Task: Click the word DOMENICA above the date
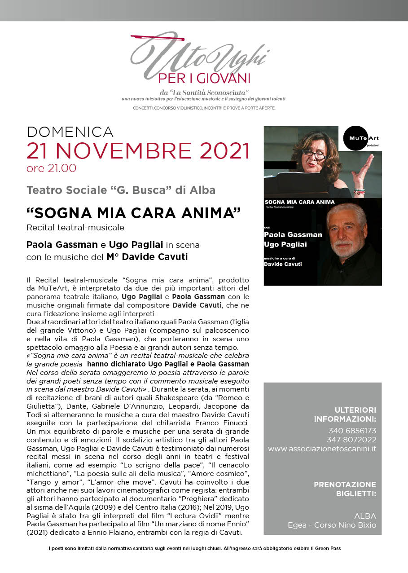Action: tap(70, 132)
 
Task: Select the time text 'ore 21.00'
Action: tap(51, 169)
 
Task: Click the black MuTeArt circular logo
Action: tap(362, 138)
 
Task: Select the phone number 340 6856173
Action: tap(352, 431)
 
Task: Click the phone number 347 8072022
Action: tap(352, 440)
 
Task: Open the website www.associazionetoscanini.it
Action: tap(322, 449)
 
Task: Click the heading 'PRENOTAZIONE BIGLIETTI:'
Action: tap(345, 489)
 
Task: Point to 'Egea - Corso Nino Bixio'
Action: tap(332, 525)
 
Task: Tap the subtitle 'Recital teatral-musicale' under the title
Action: tap(75, 228)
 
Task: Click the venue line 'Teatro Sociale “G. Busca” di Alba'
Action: tap(121, 190)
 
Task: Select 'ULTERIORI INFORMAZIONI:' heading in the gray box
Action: tap(345, 414)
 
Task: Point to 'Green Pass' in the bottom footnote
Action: tap(331, 549)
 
